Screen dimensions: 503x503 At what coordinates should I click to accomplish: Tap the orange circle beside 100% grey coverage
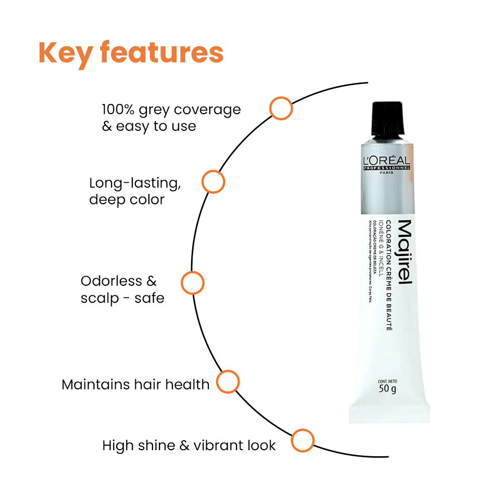[x=281, y=108]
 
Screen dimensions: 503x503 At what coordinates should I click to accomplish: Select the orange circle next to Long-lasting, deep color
[x=213, y=182]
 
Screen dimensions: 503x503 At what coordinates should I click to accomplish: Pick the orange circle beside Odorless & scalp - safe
[x=192, y=283]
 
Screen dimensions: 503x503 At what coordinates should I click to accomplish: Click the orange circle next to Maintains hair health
[x=228, y=382]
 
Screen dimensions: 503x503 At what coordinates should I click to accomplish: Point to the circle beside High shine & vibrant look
[x=303, y=441]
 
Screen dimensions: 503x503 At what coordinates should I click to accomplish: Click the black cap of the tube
[x=387, y=118]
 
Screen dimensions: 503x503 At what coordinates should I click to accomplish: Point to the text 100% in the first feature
[x=118, y=109]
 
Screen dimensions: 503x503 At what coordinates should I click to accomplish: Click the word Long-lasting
[x=135, y=183]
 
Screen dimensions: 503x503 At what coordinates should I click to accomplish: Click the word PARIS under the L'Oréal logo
[x=387, y=173]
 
